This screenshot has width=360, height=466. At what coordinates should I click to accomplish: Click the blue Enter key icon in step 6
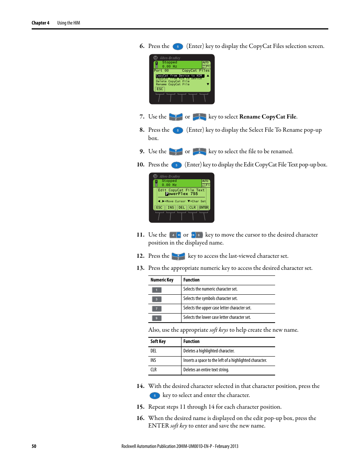(178, 46)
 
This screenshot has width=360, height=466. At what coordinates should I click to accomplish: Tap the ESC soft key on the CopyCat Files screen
(160, 89)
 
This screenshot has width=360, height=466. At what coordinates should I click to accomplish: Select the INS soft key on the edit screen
(171, 208)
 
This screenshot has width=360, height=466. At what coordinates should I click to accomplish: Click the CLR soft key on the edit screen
(192, 208)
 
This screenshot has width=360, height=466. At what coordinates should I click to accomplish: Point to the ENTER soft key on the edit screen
(204, 208)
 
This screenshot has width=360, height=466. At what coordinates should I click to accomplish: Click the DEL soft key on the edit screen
(182, 208)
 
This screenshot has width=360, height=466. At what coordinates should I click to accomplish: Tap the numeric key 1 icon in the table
(157, 290)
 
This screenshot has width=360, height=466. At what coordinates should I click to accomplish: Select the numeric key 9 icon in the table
(157, 318)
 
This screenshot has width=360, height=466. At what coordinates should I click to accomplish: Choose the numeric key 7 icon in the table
(157, 309)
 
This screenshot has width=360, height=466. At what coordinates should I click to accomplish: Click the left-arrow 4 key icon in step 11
(175, 235)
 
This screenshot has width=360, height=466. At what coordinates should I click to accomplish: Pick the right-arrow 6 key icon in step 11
(197, 235)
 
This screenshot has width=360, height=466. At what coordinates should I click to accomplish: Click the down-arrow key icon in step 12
(178, 256)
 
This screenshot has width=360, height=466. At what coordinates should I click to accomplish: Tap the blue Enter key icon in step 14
(155, 395)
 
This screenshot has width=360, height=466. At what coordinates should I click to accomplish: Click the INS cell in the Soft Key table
(154, 360)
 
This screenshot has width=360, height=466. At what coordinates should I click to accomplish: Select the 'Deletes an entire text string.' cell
(206, 370)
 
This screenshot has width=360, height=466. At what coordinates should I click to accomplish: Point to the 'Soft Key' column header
(158, 341)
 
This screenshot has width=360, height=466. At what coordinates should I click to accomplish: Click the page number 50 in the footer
(34, 446)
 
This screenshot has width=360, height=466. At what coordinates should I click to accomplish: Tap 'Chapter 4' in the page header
(40, 23)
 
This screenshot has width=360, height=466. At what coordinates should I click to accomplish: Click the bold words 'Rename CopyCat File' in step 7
(268, 117)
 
